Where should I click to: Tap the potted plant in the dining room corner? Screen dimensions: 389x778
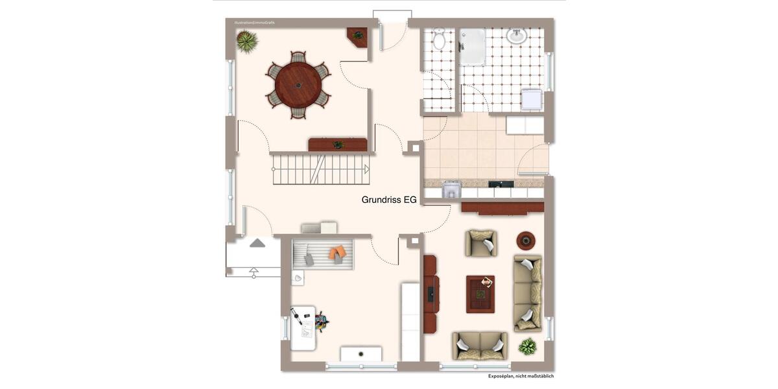coord(246,41)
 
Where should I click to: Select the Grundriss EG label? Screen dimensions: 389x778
coord(389,200)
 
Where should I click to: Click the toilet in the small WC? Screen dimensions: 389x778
coord(439,41)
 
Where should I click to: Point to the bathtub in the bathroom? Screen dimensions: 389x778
coord(472,46)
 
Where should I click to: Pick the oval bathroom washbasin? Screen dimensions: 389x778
coord(517,36)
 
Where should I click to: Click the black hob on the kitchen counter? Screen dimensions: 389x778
coord(501,184)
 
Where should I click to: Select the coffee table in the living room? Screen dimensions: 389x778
coord(480,294)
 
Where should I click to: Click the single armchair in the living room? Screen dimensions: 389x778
coord(481,243)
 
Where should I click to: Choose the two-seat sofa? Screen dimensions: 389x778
coord(480,346)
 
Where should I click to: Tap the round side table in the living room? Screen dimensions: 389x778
coord(526,241)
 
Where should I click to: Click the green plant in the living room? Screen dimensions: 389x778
coord(528,346)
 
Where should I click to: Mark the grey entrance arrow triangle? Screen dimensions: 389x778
coord(257,243)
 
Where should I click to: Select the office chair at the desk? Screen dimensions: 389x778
coord(321,320)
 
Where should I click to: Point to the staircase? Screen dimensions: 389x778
coord(320,169)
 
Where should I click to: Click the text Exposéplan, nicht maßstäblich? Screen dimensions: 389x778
coord(521,376)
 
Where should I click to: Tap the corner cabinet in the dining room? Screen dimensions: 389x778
coord(357,36)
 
